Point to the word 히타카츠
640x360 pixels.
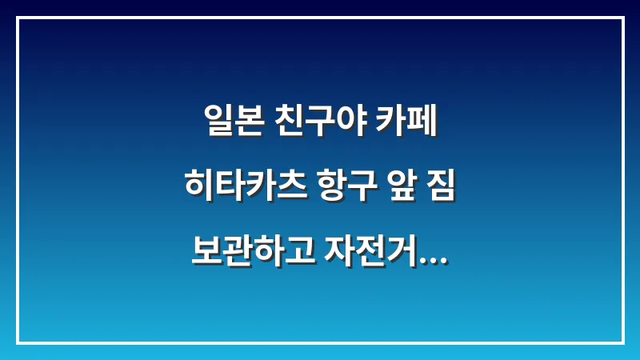click(x=238, y=189)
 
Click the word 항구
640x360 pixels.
click(x=339, y=189)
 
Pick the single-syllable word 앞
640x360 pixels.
click(x=396, y=189)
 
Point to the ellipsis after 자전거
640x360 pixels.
click(x=433, y=259)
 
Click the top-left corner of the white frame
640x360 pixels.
click(x=17, y=17)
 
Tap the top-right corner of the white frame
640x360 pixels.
click(x=623, y=17)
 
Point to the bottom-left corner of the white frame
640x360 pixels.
click(x=17, y=343)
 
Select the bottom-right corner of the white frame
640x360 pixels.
click(x=623, y=343)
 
